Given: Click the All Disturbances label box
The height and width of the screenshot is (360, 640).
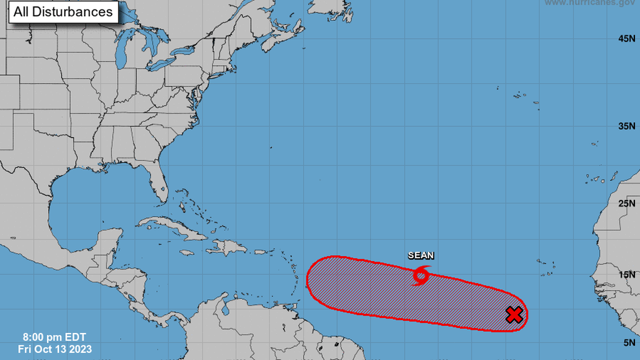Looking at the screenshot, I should pos(63,12).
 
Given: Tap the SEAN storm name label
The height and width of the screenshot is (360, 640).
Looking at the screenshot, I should pos(420,256).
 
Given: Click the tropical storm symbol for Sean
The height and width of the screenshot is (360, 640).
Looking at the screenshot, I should pos(420,275).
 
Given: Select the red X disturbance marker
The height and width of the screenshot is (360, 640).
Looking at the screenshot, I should pos(514,315).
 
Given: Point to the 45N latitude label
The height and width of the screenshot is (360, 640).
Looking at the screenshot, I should pos(626,39).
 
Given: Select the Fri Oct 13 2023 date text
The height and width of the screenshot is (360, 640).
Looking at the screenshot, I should pos(55,349).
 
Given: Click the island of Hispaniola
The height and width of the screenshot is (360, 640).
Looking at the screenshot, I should pos(225,247).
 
